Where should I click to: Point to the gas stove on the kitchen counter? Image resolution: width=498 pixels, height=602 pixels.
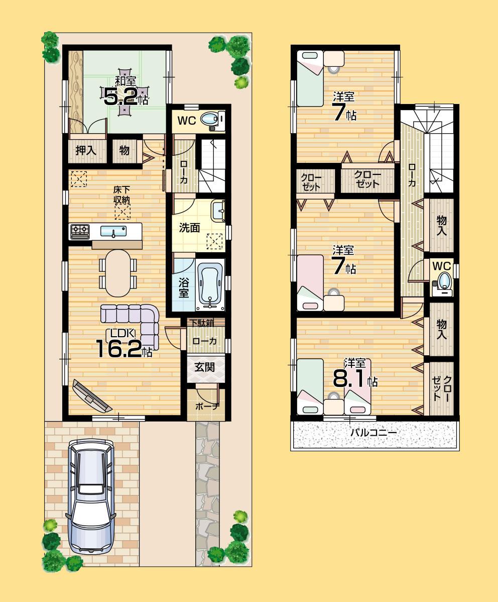click(x=80, y=231)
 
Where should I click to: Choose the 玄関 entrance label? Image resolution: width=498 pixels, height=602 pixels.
click(x=204, y=367)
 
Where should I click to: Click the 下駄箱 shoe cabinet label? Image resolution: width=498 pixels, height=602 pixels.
click(x=205, y=323)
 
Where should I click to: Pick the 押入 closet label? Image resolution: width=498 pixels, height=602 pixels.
click(x=86, y=151)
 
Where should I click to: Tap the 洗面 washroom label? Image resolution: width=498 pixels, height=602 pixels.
click(x=190, y=228)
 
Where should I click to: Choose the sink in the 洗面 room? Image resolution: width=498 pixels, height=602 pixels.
click(x=217, y=212)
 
